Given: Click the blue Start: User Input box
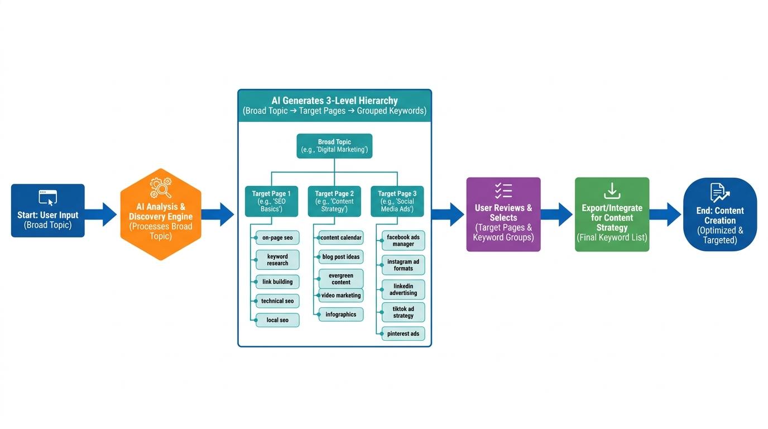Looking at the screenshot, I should coord(48,211).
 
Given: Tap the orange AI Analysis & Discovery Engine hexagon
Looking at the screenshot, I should coord(161,214).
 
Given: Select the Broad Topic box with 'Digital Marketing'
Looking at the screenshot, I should coord(334,146).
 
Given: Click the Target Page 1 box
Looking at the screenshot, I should coord(271,201).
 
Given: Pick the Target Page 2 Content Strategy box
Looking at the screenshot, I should coord(334,201).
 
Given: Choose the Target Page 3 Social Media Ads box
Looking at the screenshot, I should coord(397,201).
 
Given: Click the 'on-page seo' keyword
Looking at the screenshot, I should coord(277,237).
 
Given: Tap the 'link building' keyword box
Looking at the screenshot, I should coord(277,282).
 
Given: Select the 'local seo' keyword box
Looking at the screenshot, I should coord(277,320).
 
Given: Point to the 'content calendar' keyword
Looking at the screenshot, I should coord(340,237).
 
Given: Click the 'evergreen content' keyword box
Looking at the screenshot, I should coord(340,279).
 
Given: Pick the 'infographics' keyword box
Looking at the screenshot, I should coord(340,314).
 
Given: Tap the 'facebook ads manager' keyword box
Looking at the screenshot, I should coord(403,241).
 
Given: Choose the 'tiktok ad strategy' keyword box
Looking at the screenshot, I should coord(403,312).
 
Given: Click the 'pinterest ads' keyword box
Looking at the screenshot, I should coord(403,333).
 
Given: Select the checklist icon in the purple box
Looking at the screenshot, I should coord(503,190).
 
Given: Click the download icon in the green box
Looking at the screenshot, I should coord(612,190).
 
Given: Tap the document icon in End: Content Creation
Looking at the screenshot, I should coord(719,193).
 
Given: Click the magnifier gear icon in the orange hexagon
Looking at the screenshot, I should coord(161,188).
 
